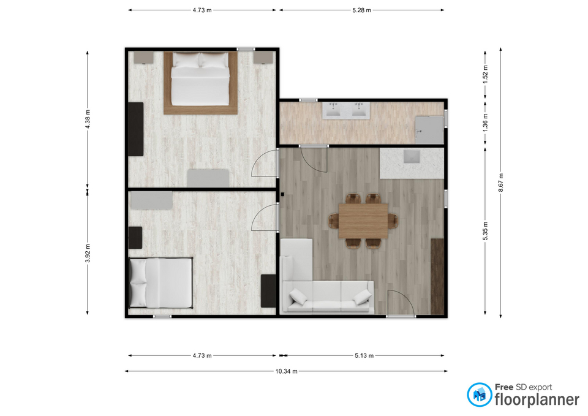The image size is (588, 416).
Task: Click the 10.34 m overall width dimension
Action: pyautogui.click(x=287, y=371)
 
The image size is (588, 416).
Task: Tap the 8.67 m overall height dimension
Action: pyautogui.click(x=500, y=183)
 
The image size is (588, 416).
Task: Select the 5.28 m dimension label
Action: pyautogui.click(x=361, y=10)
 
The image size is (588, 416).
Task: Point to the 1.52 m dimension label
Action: pyautogui.click(x=485, y=74)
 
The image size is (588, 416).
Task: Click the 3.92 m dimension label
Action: pyautogui.click(x=88, y=253)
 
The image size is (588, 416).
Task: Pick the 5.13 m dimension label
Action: pyautogui.click(x=364, y=355)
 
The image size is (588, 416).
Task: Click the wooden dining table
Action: pyautogui.click(x=363, y=221)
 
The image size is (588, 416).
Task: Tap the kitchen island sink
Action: pyautogui.click(x=412, y=156)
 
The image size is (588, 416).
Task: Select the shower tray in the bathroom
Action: pyautogui.click(x=429, y=130)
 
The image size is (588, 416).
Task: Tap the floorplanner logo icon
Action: pyautogui.click(x=479, y=395)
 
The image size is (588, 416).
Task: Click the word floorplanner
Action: pyautogui.click(x=537, y=399)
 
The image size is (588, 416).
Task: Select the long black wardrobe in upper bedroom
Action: pyautogui.click(x=136, y=129)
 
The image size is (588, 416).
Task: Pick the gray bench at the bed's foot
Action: pyautogui.click(x=208, y=178)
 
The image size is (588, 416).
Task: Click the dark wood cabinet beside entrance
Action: pyautogui.click(x=437, y=276)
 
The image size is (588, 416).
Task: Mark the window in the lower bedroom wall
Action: pyautogui.click(x=162, y=317)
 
